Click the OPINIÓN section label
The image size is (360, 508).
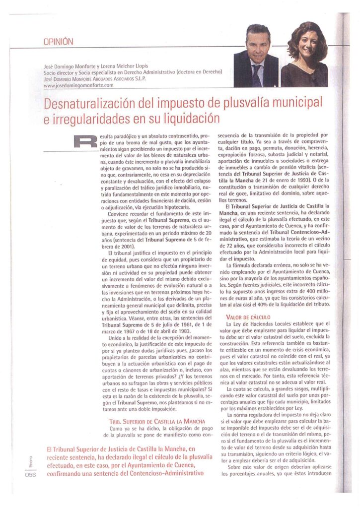[x=58, y=42]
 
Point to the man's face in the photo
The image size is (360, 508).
[x=258, y=44]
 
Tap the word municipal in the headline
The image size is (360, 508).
[x=297, y=103]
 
